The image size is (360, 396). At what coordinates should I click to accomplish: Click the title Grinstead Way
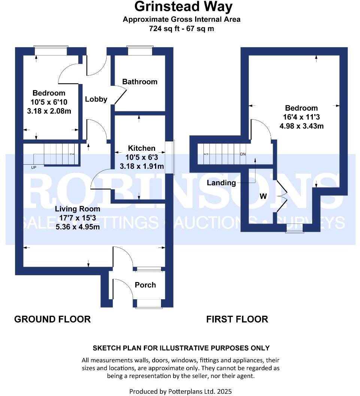(183, 7)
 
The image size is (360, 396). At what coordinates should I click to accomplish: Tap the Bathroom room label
(140, 82)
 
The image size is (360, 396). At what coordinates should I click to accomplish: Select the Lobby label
(96, 99)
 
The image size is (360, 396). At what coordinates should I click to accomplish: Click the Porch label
(145, 285)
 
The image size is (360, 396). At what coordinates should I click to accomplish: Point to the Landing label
(221, 183)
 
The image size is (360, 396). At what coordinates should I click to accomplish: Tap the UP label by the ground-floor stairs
(34, 167)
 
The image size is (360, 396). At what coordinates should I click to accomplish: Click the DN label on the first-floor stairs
(242, 154)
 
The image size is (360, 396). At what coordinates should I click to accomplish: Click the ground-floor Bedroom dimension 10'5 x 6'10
(49, 102)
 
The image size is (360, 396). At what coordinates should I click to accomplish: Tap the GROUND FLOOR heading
(52, 319)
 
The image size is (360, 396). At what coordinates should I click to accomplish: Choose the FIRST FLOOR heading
(237, 319)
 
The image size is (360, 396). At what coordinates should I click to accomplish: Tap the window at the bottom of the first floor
(294, 228)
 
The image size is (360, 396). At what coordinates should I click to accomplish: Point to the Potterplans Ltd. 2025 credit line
(181, 391)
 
